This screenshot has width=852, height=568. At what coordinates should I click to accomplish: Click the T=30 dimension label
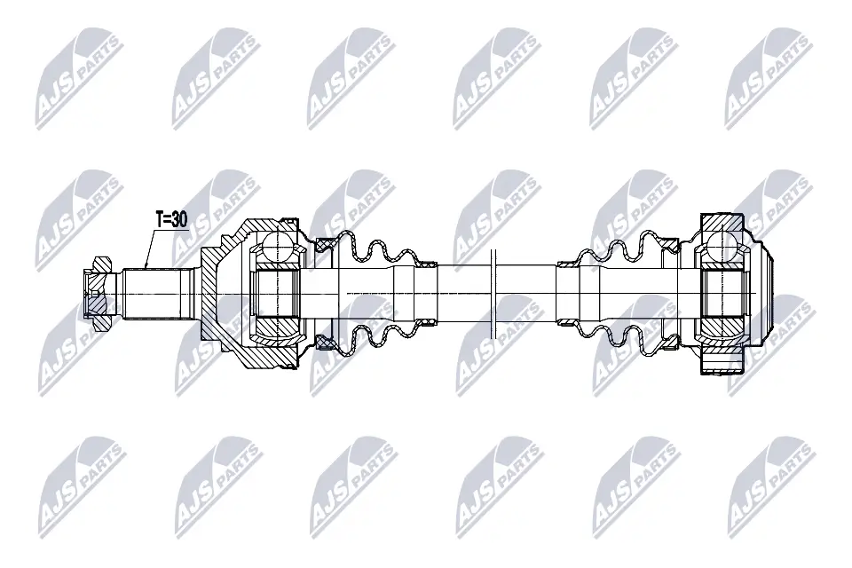[171, 219]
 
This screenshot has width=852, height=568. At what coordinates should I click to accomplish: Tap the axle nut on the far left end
[96, 294]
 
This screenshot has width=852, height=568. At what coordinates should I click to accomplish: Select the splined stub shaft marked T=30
[158, 294]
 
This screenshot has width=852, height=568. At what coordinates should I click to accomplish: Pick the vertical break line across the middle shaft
[494, 294]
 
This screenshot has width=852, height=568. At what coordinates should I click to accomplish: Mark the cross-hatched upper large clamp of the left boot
[325, 245]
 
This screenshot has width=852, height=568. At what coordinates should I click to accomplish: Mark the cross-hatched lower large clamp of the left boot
[325, 343]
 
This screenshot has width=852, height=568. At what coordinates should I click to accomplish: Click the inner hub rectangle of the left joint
[277, 294]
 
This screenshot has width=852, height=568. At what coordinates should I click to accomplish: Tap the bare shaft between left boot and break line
[463, 294]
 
